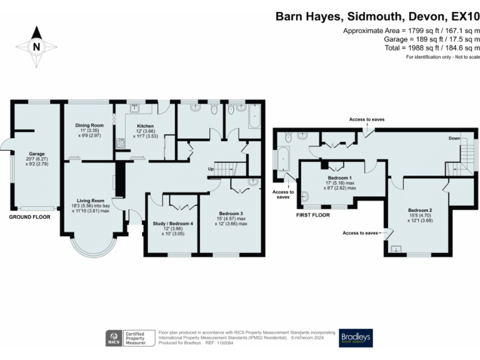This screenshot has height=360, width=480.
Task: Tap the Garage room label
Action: tap(35, 153)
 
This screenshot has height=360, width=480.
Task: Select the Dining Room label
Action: tap(89, 125)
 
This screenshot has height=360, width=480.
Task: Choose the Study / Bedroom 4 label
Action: tap(172, 223)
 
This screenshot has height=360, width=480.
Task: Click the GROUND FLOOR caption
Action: tap(30, 217)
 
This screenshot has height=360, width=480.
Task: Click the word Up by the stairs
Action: tap(212, 169)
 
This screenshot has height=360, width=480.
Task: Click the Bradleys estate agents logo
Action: tap(356, 338)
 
